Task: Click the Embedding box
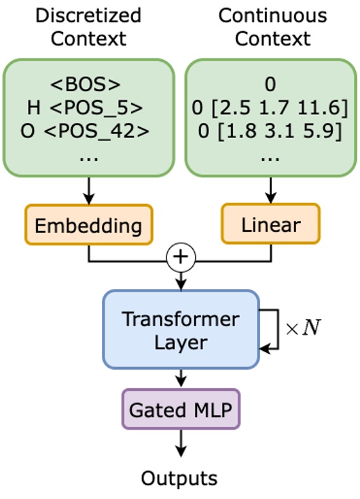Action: pos(88,225)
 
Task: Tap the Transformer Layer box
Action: pos(181,330)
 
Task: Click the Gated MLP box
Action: pos(181,411)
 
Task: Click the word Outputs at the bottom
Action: pos(179,478)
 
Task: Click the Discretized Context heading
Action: pos(88,27)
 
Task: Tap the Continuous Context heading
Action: pos(272,27)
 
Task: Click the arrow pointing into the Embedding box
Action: pos(88,190)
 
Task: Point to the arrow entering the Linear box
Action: pos(271,190)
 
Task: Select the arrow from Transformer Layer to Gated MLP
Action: pos(181,378)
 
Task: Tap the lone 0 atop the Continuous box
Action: pos(271,86)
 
